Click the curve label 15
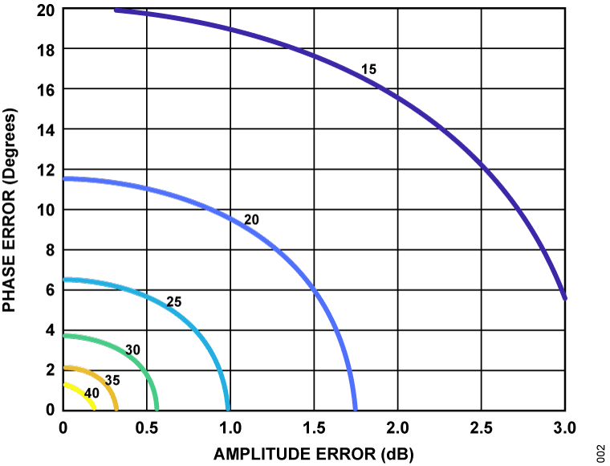[x=368, y=70]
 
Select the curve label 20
[x=251, y=219]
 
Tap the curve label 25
[x=174, y=303]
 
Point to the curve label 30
[x=133, y=350]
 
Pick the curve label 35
[x=112, y=379]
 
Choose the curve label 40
[x=91, y=393]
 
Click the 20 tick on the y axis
[x=47, y=10]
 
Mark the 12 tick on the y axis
[x=47, y=170]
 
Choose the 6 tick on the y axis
[x=51, y=290]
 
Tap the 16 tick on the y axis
[x=47, y=89]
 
